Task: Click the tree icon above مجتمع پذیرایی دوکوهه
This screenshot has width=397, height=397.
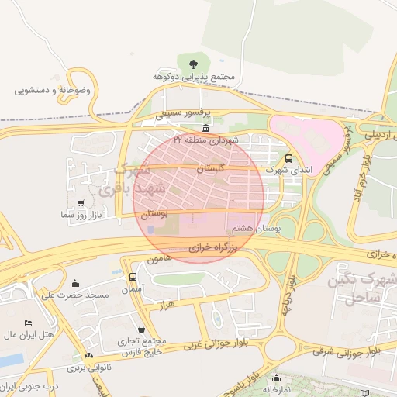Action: tap(193, 64)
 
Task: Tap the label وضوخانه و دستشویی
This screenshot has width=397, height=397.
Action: tap(52, 90)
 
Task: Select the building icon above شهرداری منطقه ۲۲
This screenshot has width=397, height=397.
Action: tap(205, 128)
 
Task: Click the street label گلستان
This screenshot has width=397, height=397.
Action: tap(209, 167)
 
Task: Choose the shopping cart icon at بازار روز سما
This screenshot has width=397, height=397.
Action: tap(81, 202)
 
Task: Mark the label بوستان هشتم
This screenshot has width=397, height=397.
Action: tap(254, 230)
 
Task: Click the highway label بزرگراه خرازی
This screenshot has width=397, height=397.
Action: tap(218, 247)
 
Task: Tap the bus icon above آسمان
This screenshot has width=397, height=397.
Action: tap(133, 277)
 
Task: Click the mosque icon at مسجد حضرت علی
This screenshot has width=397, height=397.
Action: tap(74, 283)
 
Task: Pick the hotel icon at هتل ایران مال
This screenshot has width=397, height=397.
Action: tap(29, 323)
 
